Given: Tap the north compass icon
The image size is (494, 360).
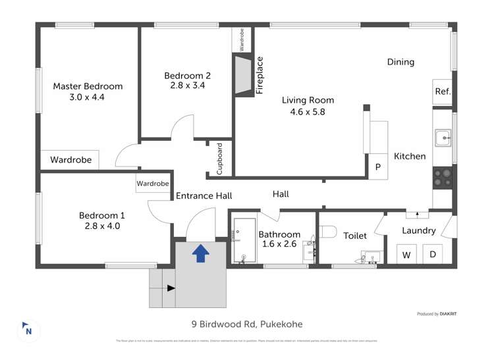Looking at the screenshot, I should tap(28, 330).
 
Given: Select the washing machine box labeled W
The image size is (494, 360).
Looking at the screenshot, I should tap(406, 254).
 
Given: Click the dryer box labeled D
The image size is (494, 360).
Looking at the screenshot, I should tap(433, 254).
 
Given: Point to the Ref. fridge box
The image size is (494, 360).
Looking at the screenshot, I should tap(442, 92).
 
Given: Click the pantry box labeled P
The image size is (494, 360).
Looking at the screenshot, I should tap(377, 167).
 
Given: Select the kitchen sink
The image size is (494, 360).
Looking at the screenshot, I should tap(442, 138).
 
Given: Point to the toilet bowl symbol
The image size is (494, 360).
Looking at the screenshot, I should tap(327, 231).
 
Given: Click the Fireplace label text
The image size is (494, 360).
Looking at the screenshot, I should tap(260, 76).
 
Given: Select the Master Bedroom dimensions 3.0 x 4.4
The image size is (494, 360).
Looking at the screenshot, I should tap(87, 97).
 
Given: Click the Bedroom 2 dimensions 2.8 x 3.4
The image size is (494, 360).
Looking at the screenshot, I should tap(188, 86).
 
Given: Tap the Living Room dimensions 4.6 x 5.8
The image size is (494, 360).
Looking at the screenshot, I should tap(308, 111).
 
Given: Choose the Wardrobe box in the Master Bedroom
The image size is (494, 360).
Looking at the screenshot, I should tap(70, 159).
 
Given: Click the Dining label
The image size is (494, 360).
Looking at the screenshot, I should tap(400, 63).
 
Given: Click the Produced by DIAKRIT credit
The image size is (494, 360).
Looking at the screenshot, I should tap(439, 314).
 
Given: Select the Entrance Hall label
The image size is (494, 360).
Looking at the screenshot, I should tap(204, 195).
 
